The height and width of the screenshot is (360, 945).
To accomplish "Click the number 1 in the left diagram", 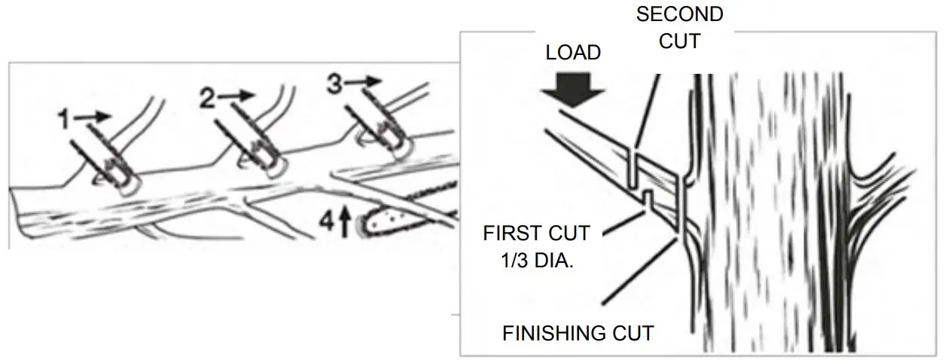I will tap(67, 118).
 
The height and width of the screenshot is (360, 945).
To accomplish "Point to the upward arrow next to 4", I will tap(346, 223).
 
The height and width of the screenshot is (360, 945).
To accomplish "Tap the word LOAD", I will tap(573, 53).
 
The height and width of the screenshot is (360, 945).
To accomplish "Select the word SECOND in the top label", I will tap(679, 14).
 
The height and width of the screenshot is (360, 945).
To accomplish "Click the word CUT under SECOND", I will tap(679, 40).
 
